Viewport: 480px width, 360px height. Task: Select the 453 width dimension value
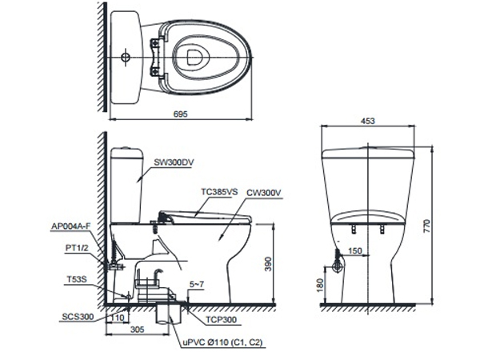point(367,121)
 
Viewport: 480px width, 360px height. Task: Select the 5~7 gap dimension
point(196,284)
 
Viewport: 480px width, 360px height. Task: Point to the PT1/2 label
point(76,250)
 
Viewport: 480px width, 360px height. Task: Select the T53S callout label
point(78,279)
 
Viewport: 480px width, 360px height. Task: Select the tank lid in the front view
point(367,151)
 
